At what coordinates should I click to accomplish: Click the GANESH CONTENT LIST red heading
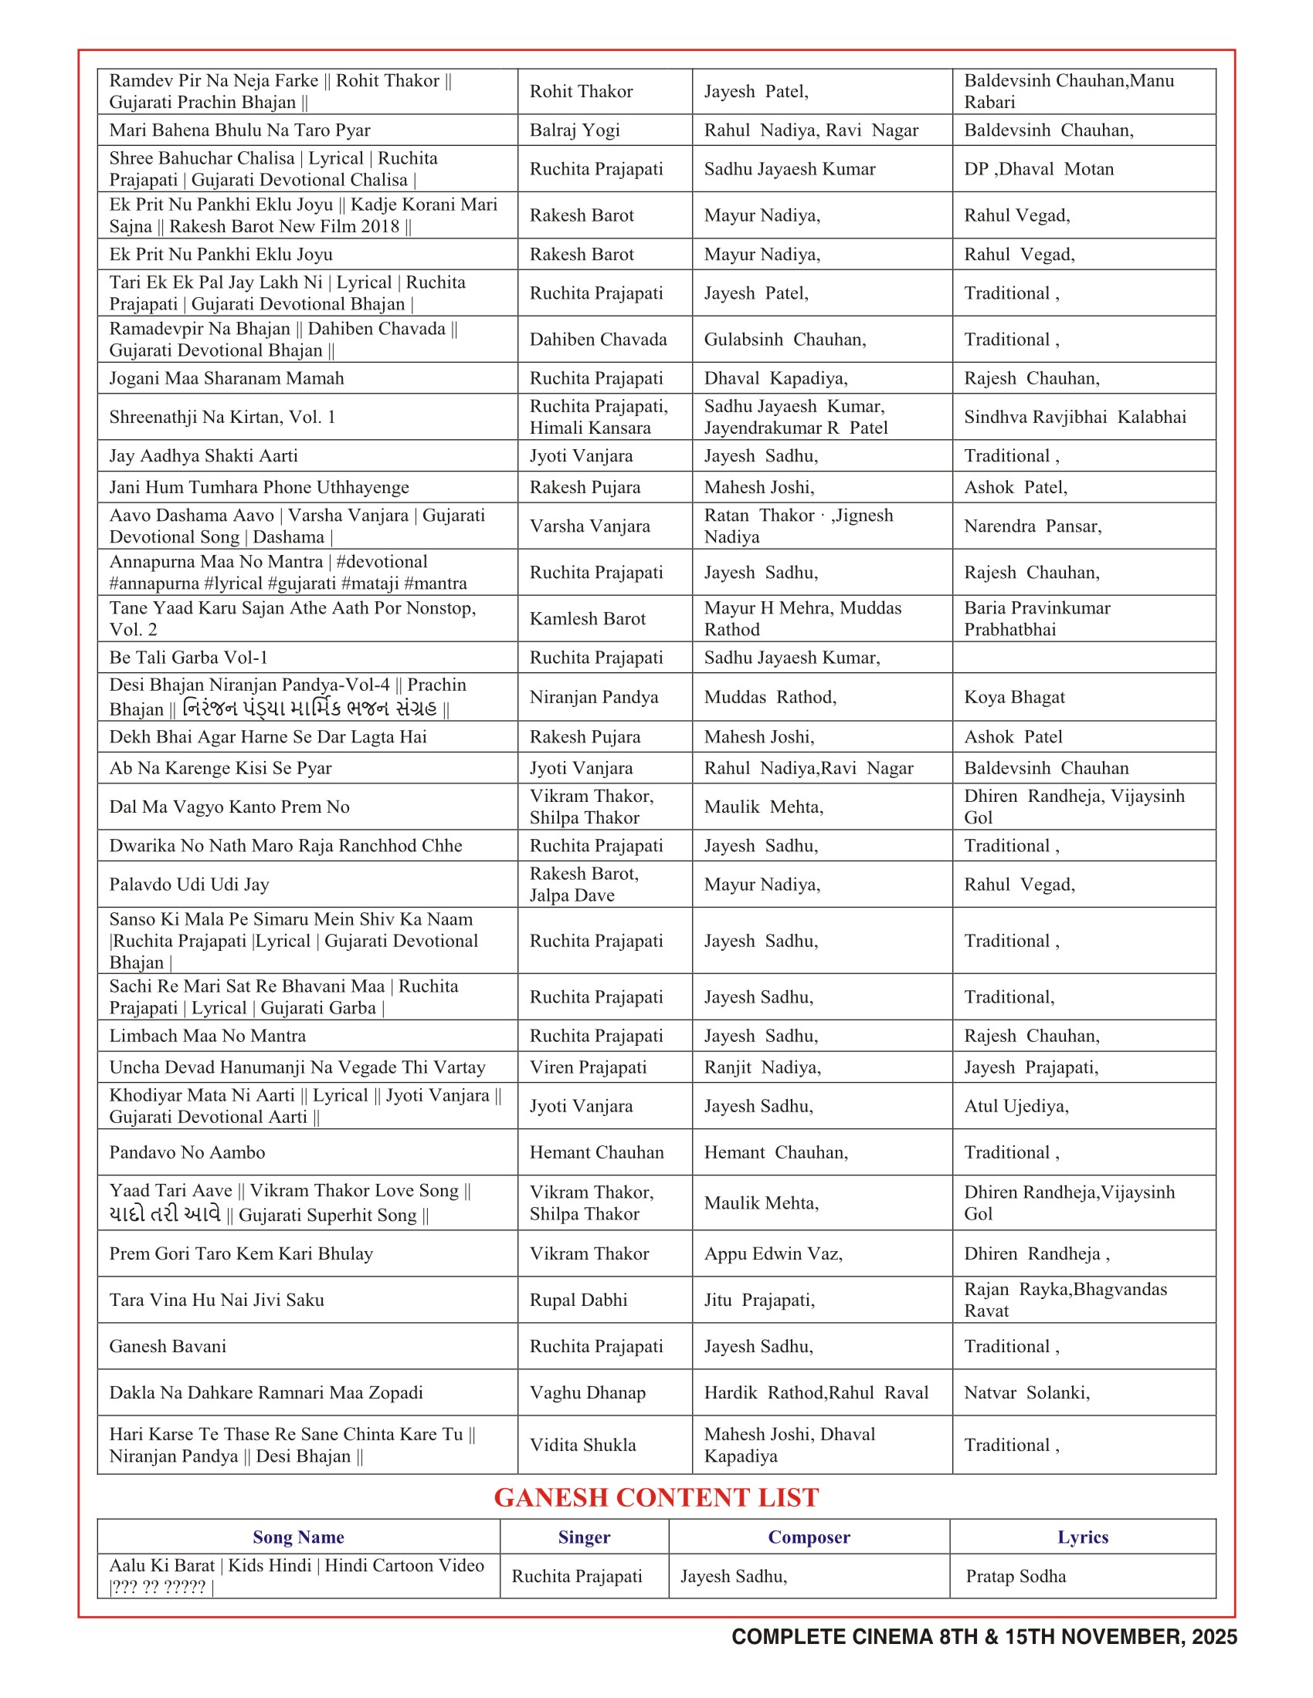tap(656, 1497)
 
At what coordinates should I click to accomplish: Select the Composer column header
tap(808, 1537)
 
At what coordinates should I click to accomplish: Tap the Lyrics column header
tap(1082, 1537)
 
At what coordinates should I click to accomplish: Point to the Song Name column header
tap(298, 1537)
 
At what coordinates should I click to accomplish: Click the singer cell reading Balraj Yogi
tap(574, 130)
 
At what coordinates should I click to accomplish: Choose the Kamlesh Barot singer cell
tap(587, 619)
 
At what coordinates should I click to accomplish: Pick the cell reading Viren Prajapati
tap(588, 1067)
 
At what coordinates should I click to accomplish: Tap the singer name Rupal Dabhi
tap(578, 1300)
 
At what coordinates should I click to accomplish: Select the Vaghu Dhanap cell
tap(587, 1392)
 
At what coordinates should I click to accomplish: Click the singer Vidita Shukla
tap(582, 1446)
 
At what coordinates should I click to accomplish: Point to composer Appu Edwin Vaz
tap(773, 1253)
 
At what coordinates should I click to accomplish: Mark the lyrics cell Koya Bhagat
tap(1014, 698)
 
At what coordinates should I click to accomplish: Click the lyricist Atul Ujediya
tap(1016, 1106)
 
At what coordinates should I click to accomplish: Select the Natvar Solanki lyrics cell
tap(1026, 1392)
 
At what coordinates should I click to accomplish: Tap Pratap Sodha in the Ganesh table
tap(1015, 1576)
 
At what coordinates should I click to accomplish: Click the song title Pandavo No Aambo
tap(187, 1152)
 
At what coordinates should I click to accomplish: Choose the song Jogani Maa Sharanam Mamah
tap(226, 379)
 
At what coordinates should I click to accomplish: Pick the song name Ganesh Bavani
tap(168, 1347)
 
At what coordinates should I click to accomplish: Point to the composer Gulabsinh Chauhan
tap(785, 340)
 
